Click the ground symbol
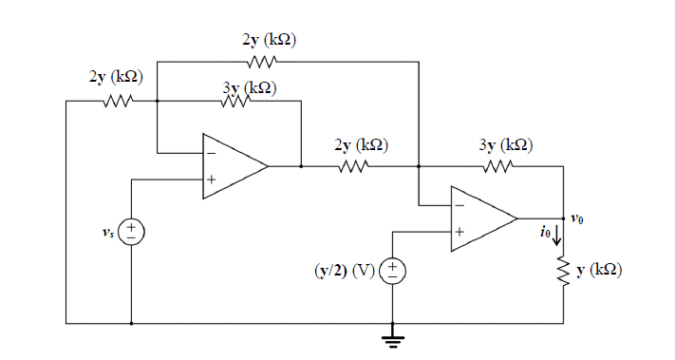392,337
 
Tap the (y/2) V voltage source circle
392,272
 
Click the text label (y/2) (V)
344,272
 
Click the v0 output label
578,219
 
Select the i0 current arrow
558,235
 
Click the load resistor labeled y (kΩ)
564,273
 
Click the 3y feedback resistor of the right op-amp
498,166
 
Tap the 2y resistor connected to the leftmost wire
121,100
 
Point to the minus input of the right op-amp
459,203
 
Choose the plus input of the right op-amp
459,232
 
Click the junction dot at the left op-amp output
301,166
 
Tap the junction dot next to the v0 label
564,218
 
